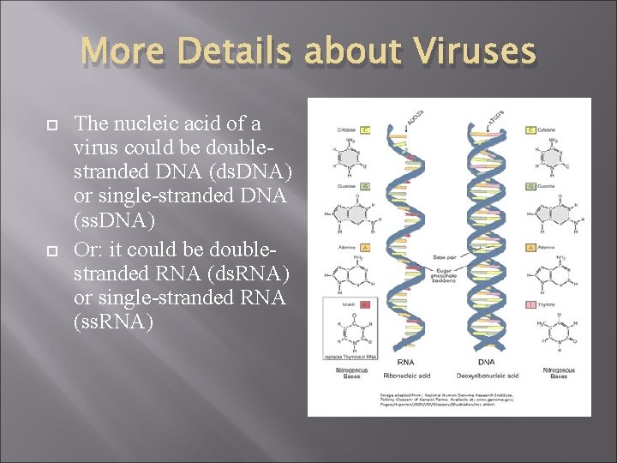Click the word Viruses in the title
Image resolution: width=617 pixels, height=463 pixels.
tap(476, 52)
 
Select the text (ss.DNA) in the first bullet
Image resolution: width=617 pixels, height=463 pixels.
tap(115, 221)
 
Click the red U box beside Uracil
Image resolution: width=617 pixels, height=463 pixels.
tap(365, 304)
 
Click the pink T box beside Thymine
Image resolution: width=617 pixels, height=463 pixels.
tap(532, 304)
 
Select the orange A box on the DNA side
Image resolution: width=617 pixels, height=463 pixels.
tap(532, 246)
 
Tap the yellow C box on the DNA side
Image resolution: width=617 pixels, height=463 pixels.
tap(532, 130)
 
